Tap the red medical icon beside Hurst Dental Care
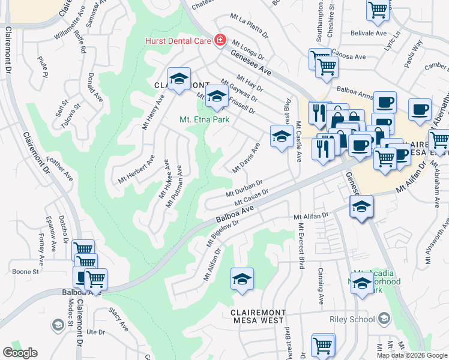click(220, 40)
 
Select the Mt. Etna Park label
click(205, 119)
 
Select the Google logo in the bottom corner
click(20, 353)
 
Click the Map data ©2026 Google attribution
click(412, 355)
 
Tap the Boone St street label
click(26, 271)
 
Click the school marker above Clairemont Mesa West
click(242, 279)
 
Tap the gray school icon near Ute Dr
click(58, 325)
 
